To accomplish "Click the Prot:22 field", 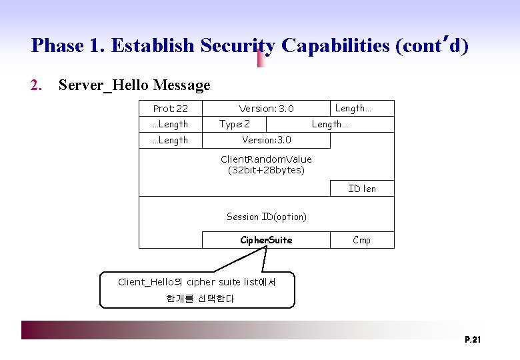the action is [170, 109].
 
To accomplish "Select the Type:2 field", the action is [235, 124].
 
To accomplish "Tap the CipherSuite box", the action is [266, 240].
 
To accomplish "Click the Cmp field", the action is [362, 240].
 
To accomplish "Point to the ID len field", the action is [362, 189].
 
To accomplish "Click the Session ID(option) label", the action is [266, 217].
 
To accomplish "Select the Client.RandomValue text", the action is [266, 159].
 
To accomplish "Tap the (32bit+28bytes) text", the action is [266, 170].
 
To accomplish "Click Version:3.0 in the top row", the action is [266, 109].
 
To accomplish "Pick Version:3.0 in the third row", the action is [266, 140].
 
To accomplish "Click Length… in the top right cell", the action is [353, 108].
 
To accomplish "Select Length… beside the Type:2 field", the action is [330, 124].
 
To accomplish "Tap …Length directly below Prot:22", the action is [170, 124].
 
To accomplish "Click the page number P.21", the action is [473, 341].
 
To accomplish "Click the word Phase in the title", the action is [56, 46].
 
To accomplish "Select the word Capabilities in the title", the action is [335, 46].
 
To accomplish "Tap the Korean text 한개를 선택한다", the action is [200, 299].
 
